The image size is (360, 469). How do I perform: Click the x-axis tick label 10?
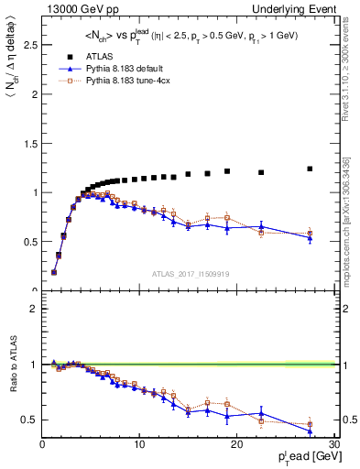pos(139,445)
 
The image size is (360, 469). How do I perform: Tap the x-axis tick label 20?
pos(236,445)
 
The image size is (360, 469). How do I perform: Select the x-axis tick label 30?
pos(333,445)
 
